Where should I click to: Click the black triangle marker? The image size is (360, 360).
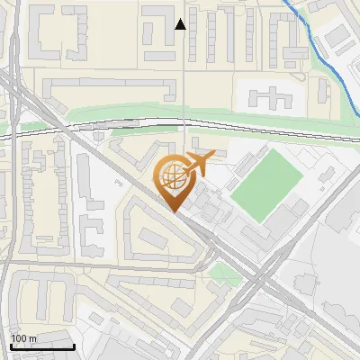181,24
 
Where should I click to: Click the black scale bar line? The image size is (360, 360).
41,346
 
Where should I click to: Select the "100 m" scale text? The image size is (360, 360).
23,338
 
